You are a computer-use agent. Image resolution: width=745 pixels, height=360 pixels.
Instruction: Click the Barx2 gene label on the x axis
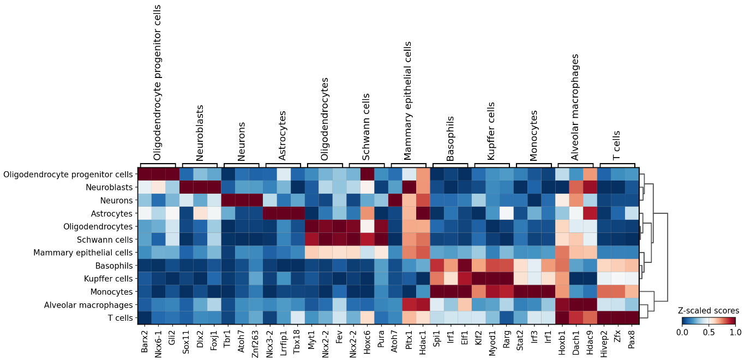click(x=145, y=340)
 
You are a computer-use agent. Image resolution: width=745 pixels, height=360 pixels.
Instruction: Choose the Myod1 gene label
click(x=493, y=341)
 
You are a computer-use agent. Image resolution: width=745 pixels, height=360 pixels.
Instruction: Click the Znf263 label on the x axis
click(x=256, y=341)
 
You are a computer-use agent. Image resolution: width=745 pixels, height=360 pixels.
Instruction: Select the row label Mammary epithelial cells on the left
click(x=83, y=253)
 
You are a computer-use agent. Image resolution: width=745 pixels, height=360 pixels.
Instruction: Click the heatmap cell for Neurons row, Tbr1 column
click(x=228, y=200)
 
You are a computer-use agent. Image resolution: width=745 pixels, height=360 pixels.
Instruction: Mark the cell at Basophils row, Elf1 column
click(x=465, y=266)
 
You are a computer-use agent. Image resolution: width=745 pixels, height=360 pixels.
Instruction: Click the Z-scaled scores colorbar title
click(x=708, y=310)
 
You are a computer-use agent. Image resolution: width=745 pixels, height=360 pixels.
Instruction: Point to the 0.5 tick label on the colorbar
click(x=709, y=332)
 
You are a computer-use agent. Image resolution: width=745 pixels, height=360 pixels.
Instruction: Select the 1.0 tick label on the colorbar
click(x=735, y=332)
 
